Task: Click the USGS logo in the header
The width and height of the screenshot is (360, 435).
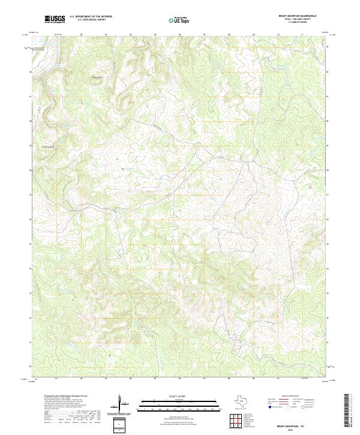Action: coord(55,19)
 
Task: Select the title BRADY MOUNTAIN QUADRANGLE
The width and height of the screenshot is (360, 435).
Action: coord(295,16)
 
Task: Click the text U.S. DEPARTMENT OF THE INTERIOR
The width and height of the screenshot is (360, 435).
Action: coord(91,17)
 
